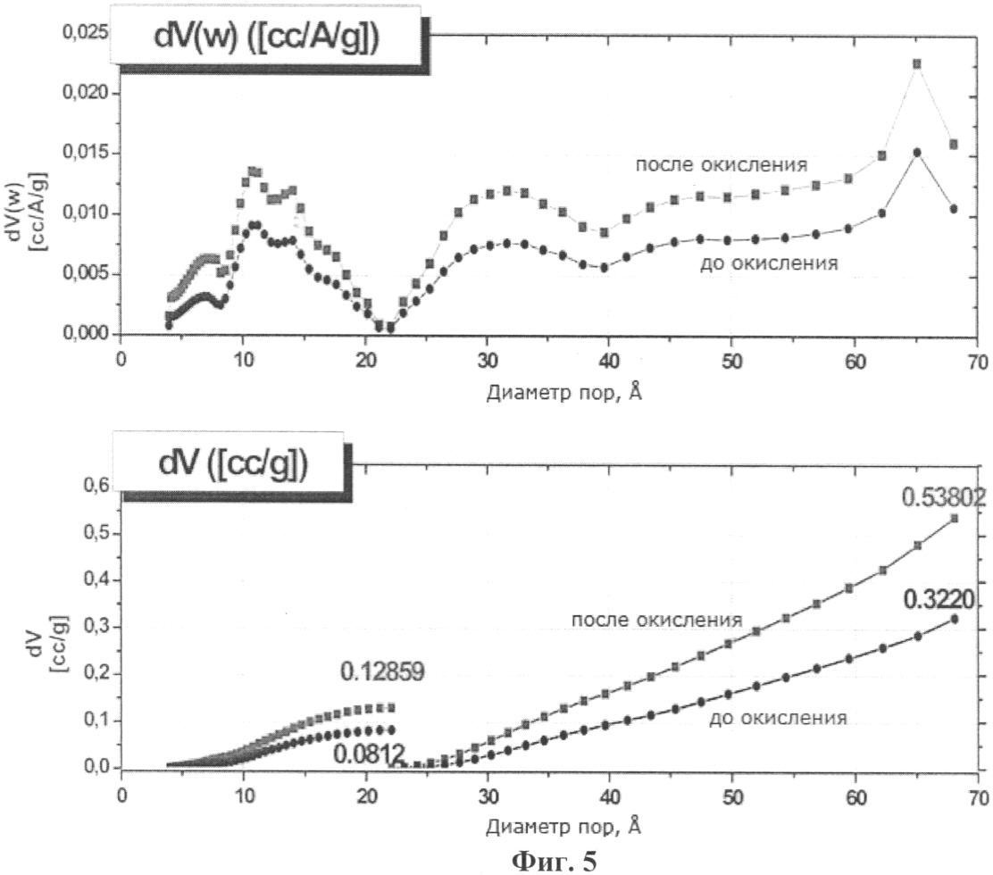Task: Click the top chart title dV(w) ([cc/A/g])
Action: point(267,37)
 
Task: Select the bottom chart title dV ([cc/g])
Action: point(233,464)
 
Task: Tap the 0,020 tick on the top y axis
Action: point(86,93)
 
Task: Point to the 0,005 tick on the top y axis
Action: point(86,273)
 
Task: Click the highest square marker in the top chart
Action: point(916,64)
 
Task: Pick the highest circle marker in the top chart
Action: point(916,152)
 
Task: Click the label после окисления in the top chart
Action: point(722,164)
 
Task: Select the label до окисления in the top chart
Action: point(769,262)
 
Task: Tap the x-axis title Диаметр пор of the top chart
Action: point(564,393)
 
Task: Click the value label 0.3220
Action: point(939,600)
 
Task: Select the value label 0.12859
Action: point(382,671)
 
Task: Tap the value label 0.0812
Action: point(368,754)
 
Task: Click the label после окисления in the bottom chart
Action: point(656,620)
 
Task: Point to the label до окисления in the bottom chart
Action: point(778,718)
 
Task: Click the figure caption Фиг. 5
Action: point(555,861)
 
